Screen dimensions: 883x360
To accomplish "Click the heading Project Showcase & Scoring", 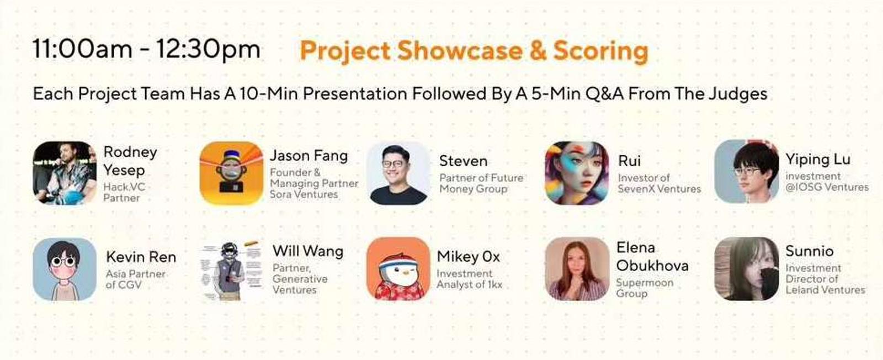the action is tap(474, 51).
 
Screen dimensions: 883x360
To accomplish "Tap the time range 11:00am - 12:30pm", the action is tap(146, 49).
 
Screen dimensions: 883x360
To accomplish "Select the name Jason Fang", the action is tap(308, 156).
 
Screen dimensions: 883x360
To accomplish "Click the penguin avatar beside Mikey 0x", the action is tap(398, 269).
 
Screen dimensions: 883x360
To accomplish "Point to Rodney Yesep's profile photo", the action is tap(65, 173).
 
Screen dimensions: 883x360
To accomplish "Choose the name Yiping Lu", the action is tap(818, 160).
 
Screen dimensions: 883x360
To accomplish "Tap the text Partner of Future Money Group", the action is tap(481, 183).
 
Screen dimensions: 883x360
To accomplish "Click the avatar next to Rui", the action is tap(577, 173).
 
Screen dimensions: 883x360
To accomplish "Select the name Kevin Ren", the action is tap(141, 257).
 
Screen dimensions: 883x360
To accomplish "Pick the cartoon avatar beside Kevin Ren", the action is tap(65, 269).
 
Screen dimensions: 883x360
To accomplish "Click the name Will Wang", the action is tap(308, 251).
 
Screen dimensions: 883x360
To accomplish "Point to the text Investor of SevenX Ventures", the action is tap(659, 183).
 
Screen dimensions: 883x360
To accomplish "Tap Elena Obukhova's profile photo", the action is tap(577, 269).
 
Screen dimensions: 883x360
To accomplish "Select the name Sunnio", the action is tap(809, 251).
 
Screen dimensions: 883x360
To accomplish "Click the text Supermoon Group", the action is tap(645, 288).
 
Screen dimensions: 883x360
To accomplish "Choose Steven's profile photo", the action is tap(398, 173).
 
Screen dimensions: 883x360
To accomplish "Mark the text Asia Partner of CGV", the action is tap(135, 279).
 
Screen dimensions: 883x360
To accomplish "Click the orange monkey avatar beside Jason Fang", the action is tap(231, 173).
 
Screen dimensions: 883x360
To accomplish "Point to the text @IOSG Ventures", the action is tap(827, 187).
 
